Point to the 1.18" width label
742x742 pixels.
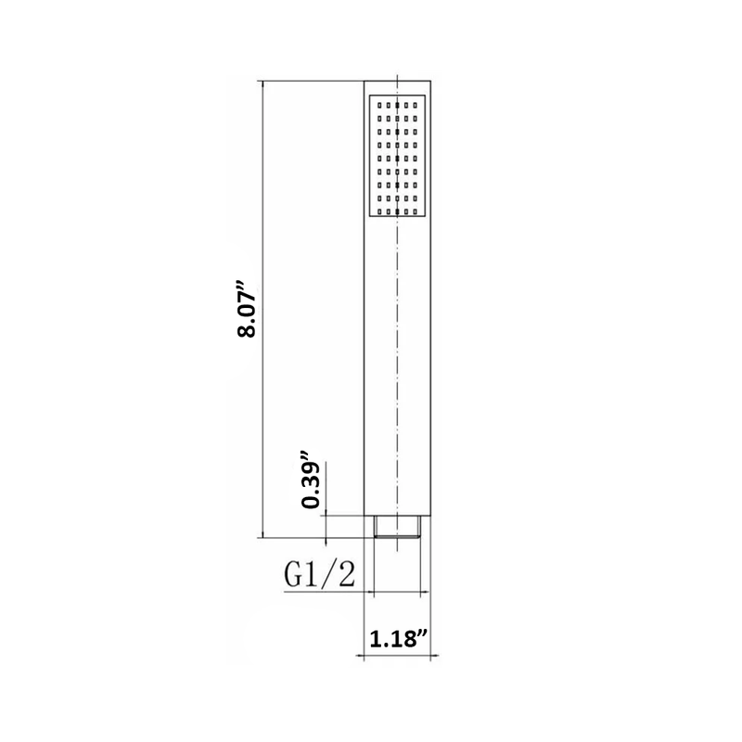coord(399,638)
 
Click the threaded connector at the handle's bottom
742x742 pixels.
coord(397,528)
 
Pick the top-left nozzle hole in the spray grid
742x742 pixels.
coord(377,105)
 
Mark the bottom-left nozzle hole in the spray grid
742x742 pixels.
coord(377,209)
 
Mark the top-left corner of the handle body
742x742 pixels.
coord(363,78)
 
